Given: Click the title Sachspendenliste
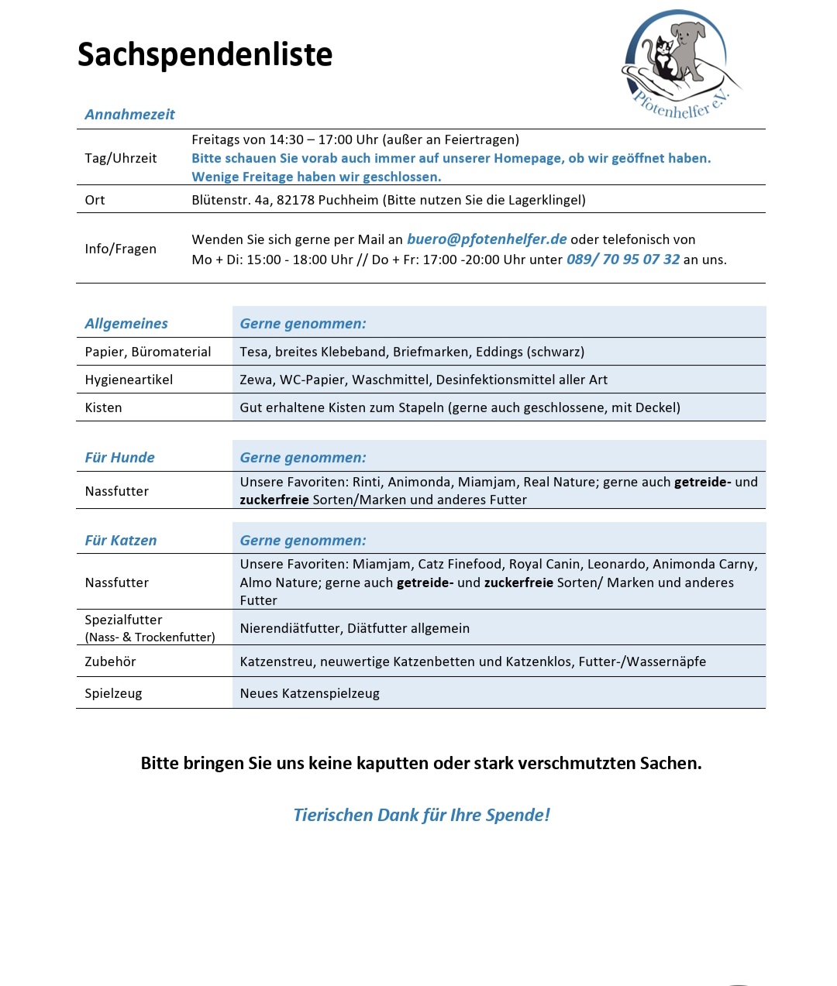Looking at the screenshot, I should coord(205,55).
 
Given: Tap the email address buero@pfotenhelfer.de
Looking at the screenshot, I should coord(487,239).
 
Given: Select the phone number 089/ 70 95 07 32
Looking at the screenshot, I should coord(623,259).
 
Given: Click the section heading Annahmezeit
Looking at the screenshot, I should coord(129,115).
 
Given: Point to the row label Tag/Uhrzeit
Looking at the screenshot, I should coord(121,158).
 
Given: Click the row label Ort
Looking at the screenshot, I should coord(95,200).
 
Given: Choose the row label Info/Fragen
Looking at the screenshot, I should coord(121,249).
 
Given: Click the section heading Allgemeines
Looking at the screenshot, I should coord(126,324).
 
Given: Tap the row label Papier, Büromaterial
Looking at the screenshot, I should coord(148,352).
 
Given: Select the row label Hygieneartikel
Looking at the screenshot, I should coord(129,380).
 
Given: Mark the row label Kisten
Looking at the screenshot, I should coord(103,407).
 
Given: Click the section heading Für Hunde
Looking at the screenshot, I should coord(120,458).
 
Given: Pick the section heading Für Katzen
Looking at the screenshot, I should coord(121,541).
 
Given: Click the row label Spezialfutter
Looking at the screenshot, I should coord(124,620).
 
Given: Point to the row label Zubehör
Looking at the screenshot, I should coord(110,661).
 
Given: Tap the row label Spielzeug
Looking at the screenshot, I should coord(113,693).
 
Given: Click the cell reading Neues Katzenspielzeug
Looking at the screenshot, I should coord(310,693).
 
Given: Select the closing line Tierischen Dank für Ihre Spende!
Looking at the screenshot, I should coord(422,815).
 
